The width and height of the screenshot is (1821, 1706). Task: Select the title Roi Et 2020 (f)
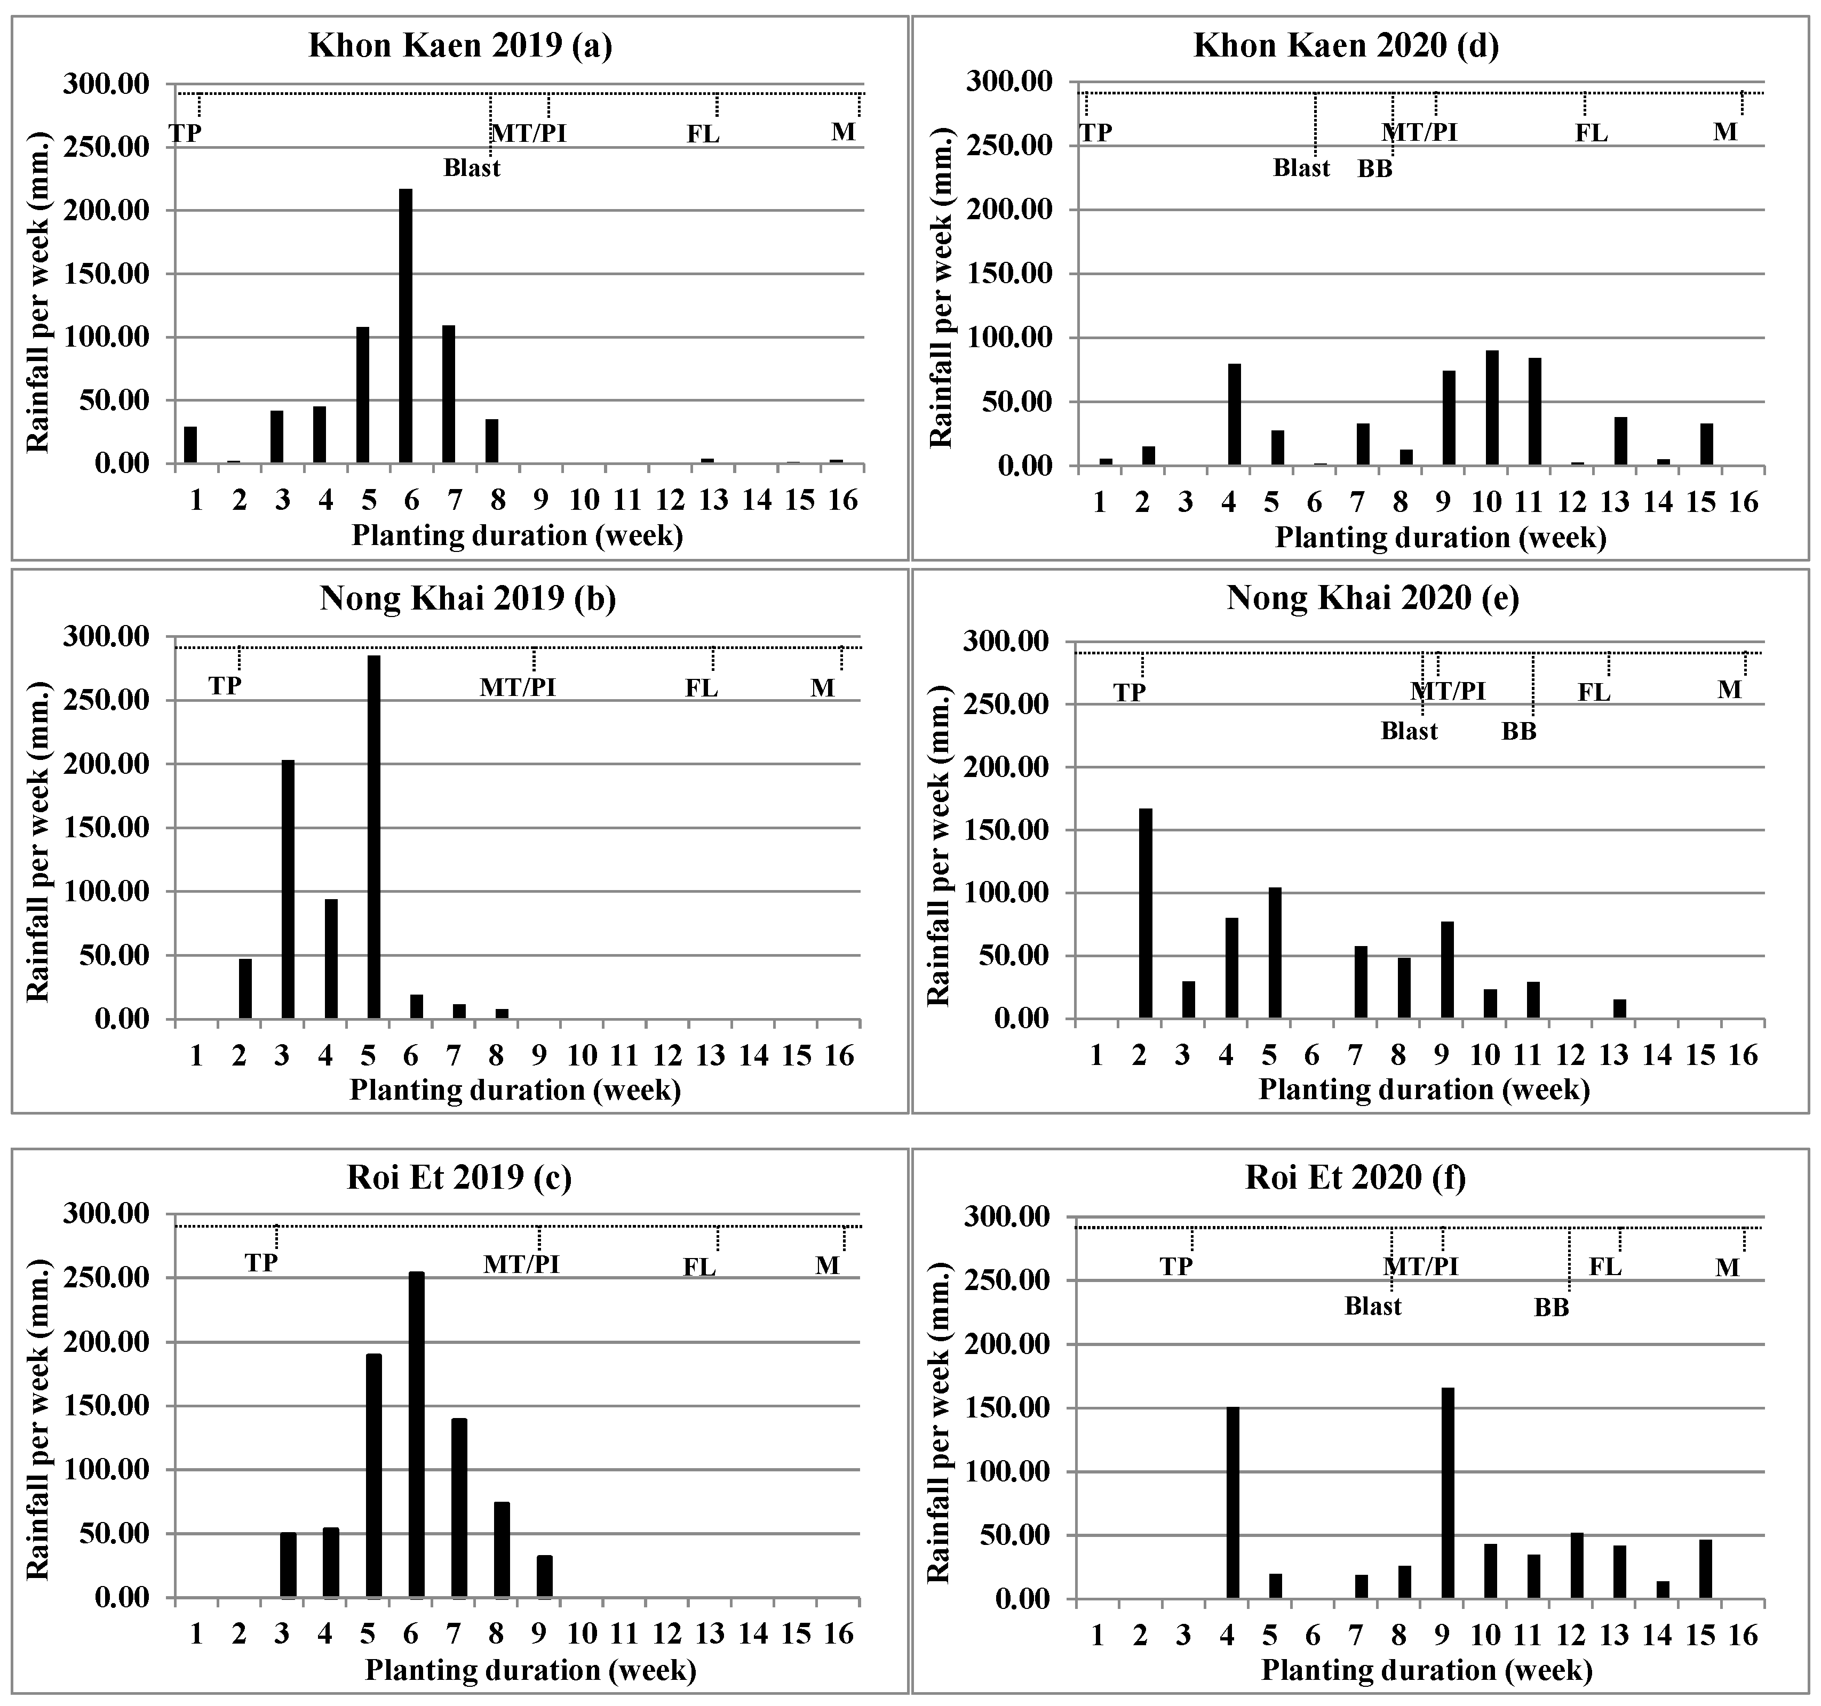click(1356, 1177)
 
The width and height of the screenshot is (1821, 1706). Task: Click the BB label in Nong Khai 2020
click(1518, 732)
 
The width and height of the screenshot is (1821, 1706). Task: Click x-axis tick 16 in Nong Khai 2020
click(1743, 1056)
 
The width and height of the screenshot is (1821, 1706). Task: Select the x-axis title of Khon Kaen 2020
click(1441, 538)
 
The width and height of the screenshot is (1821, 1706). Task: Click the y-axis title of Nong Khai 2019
click(37, 847)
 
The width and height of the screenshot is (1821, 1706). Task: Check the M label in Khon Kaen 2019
click(842, 132)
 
